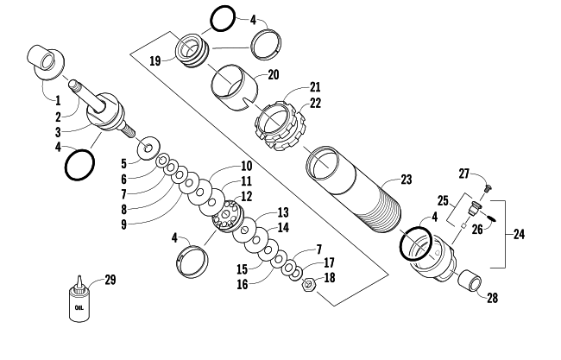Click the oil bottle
[x=79, y=300]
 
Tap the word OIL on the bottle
[x=79, y=307]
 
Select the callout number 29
[x=110, y=280]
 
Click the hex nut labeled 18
[x=308, y=285]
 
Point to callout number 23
[x=407, y=180]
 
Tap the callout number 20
[x=273, y=75]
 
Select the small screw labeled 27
[x=487, y=187]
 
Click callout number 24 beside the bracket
[x=519, y=235]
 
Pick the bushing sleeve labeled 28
[x=470, y=281]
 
